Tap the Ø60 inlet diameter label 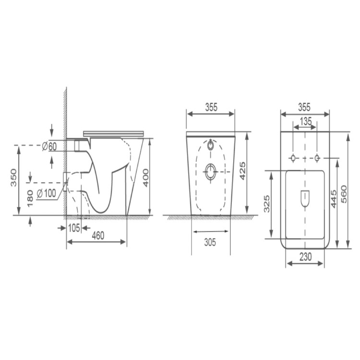[50, 146]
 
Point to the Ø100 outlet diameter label [46, 193]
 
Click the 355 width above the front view [210, 108]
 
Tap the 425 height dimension [243, 171]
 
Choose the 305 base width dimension [209, 243]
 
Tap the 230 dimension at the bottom [305, 257]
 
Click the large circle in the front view [211, 171]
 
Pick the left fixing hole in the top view [293, 158]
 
